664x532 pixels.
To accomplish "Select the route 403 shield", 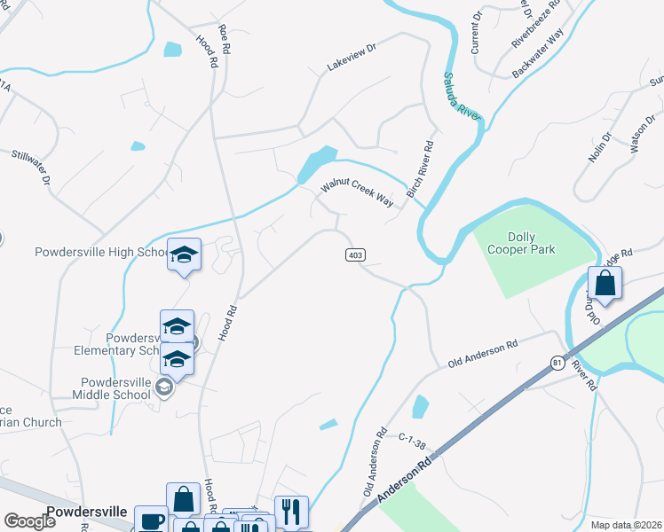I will tap(355, 255).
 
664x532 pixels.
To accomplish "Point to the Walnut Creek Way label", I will tap(357, 194).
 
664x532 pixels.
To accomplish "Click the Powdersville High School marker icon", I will tap(184, 255).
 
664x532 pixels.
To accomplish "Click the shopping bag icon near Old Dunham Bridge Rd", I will tap(605, 284).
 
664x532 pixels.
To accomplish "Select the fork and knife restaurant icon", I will tap(291, 512).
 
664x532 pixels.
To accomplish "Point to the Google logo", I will tap(29, 521).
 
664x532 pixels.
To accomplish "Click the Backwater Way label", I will tap(537, 50).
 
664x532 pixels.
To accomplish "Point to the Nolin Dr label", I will tap(601, 148).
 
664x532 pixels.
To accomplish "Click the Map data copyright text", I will tap(626, 524).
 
